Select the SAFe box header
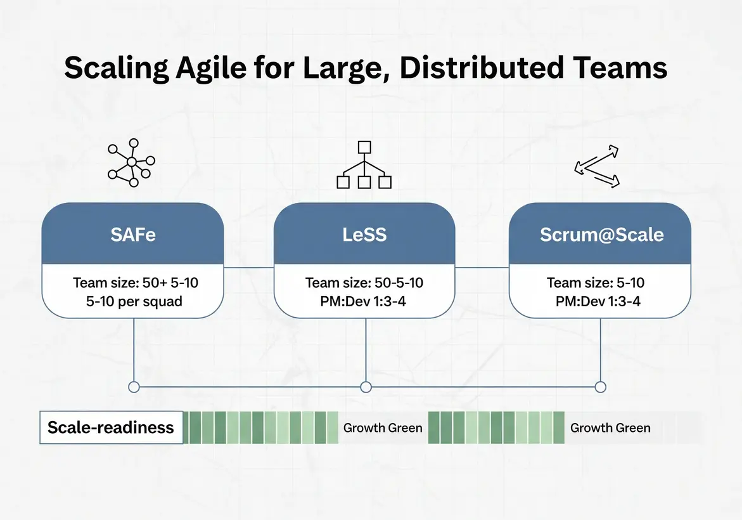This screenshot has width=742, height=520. (132, 235)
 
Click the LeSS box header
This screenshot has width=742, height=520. (364, 235)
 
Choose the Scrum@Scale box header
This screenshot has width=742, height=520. (601, 235)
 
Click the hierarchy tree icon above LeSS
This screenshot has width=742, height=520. (364, 166)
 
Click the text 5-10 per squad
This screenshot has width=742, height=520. (134, 301)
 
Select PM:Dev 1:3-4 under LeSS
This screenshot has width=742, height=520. (364, 301)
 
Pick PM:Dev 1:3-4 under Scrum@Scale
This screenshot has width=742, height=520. (598, 301)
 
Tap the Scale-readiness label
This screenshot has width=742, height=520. (111, 427)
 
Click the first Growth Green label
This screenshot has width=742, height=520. (383, 427)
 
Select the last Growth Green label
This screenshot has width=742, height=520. (610, 427)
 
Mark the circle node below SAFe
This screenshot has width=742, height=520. (133, 387)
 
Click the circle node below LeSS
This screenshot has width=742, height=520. (366, 387)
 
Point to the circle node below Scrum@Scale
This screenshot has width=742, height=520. (601, 387)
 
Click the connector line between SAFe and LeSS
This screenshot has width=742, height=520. (248, 268)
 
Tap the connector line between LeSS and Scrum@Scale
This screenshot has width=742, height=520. (482, 268)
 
